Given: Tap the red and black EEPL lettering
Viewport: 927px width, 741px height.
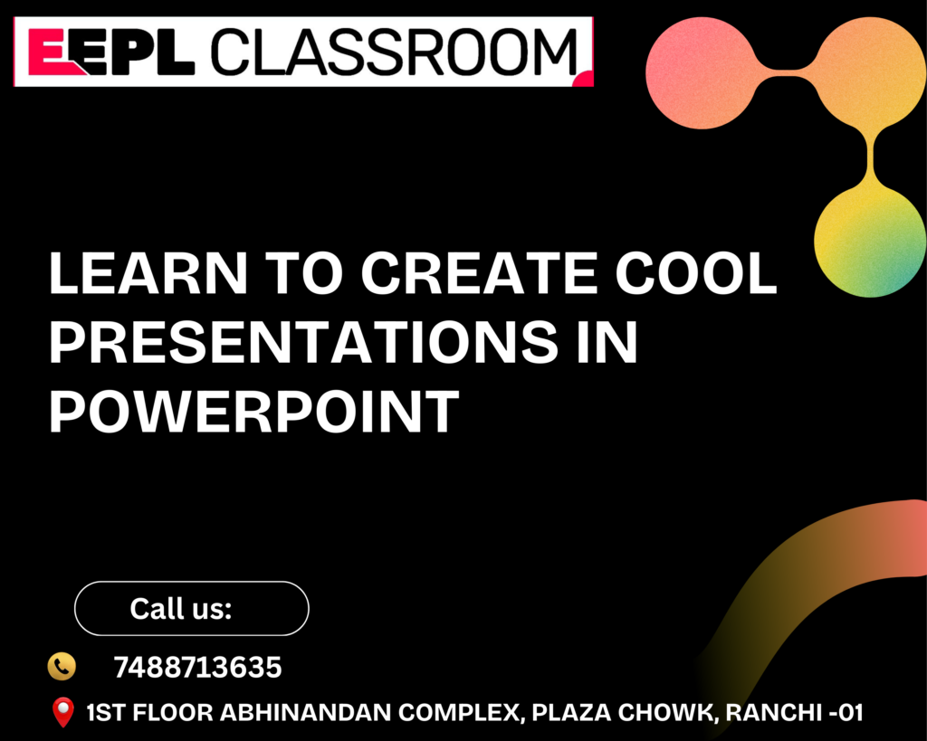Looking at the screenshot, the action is (x=111, y=52).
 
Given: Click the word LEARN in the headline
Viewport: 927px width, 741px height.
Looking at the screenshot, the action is (x=148, y=272).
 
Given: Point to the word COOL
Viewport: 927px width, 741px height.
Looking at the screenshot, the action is (x=696, y=272).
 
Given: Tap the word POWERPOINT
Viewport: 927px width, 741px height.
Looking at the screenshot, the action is (x=254, y=412).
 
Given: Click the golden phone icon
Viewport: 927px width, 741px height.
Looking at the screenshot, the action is (x=62, y=667).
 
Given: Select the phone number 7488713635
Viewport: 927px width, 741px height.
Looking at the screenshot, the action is (x=197, y=668).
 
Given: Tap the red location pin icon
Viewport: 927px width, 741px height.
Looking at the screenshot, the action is (x=63, y=712).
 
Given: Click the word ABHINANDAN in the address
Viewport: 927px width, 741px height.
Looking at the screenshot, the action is (x=305, y=713).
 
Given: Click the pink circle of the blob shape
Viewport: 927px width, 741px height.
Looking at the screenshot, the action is (x=702, y=72).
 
